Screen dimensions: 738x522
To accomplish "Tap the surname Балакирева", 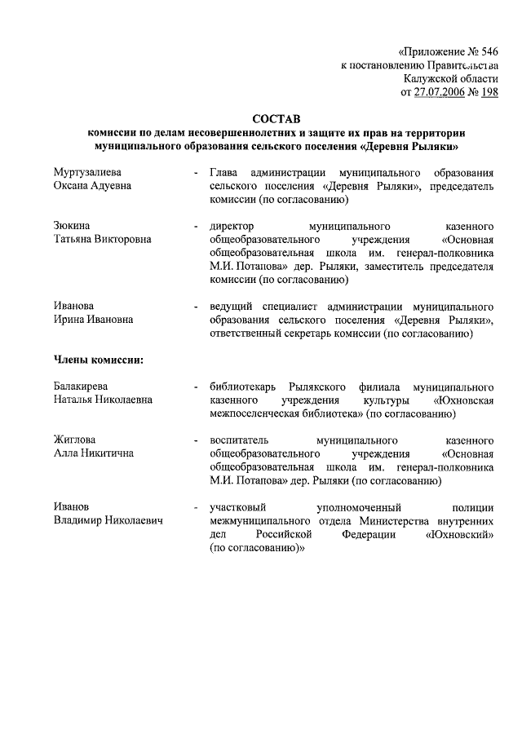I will click(82, 386).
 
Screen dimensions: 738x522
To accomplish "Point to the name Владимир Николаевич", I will click(108, 520).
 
